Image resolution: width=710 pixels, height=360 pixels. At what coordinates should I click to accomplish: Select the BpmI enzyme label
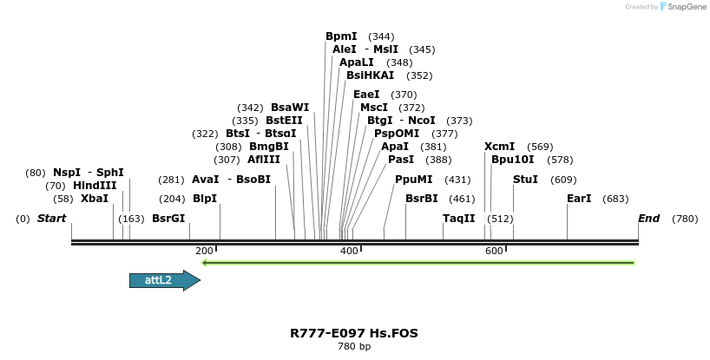[x=341, y=36]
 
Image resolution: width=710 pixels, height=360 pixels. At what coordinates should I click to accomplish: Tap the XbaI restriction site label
[x=95, y=199]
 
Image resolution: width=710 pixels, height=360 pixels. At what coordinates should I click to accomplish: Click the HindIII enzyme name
[x=94, y=186]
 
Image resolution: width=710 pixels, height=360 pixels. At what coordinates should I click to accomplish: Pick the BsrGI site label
[x=168, y=219]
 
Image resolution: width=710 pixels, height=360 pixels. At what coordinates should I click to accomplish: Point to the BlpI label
[x=205, y=199]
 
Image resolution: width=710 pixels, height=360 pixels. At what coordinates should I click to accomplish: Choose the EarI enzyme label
[x=579, y=199]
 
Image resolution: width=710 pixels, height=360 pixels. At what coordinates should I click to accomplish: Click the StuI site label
[x=525, y=180]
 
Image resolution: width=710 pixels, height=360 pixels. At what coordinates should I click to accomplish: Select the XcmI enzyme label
[x=500, y=147]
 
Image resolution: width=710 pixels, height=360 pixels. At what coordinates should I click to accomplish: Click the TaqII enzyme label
[x=459, y=219]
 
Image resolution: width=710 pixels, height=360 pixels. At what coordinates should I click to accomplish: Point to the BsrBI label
[x=422, y=199]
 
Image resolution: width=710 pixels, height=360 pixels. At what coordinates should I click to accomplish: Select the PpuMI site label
[x=413, y=180]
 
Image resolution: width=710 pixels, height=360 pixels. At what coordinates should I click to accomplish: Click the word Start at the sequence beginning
[x=51, y=219]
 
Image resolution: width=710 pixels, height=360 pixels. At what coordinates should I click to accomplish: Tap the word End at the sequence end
[x=649, y=219]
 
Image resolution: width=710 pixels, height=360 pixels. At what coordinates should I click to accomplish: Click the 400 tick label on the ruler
[x=349, y=251]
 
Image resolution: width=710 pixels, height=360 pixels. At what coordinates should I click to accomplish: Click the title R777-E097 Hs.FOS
[x=354, y=333]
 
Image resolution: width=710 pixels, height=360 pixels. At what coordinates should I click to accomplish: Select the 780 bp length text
[x=354, y=347]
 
